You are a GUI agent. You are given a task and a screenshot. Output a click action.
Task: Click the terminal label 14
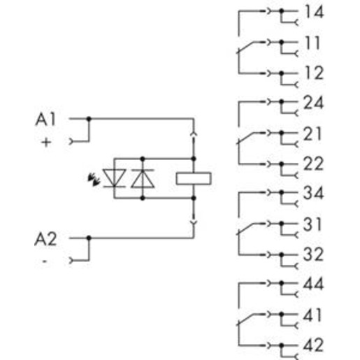tap(315, 12)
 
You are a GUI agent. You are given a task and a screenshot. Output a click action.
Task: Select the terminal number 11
tap(312, 43)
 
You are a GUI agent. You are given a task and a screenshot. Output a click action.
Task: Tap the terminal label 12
tap(315, 73)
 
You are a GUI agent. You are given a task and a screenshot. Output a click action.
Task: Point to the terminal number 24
tap(313, 103)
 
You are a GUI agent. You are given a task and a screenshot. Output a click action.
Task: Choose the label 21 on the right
tap(312, 134)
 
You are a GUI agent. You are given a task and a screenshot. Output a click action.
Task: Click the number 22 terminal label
tap(313, 164)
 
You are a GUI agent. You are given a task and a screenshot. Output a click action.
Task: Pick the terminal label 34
tap(313, 193)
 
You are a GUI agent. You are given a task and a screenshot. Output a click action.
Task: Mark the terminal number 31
tap(312, 224)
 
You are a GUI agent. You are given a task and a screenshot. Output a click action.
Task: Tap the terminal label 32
tap(313, 254)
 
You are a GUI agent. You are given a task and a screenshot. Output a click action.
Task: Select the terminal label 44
tap(313, 284)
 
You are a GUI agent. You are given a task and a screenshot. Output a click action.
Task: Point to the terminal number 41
tap(312, 315)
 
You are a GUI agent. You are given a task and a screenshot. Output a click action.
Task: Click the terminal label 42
tap(313, 345)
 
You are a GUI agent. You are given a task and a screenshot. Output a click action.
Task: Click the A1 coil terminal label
tap(45, 120)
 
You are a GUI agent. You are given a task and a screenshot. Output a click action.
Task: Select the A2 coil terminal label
tap(45, 239)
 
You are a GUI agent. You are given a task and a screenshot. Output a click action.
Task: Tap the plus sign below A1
tap(46, 142)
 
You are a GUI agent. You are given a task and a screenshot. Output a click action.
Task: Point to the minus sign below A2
tap(45, 261)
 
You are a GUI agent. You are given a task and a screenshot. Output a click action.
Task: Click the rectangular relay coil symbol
tap(194, 179)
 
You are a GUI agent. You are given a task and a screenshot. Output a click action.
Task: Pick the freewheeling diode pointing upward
tap(143, 178)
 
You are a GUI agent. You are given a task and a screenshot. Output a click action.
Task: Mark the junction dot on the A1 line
tap(89, 119)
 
